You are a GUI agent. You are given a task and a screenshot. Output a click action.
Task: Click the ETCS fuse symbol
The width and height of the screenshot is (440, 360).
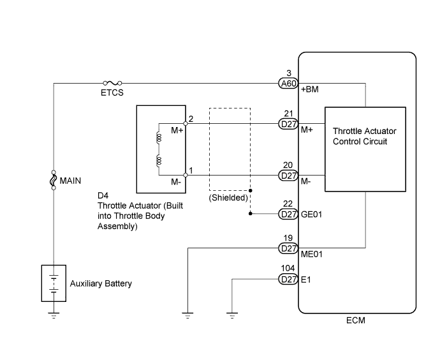pos(112,83)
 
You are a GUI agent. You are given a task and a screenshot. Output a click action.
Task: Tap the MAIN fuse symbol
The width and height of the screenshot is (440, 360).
pos(54,180)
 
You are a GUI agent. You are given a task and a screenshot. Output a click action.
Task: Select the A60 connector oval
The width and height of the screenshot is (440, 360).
pos(288,84)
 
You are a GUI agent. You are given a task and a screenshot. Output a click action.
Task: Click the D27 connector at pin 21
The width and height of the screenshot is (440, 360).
pos(288,124)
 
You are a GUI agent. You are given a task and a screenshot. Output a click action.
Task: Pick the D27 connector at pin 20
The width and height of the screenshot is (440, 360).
pos(288,176)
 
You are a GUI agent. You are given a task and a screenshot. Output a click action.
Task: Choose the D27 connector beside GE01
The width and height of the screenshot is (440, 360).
pos(288,214)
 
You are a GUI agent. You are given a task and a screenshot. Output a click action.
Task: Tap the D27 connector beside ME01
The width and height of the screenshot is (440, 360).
pos(288,248)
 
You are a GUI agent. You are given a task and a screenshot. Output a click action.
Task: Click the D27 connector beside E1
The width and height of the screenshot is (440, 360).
pos(288,279)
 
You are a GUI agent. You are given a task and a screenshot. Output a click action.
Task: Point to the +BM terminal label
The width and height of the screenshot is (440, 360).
pos(310,89)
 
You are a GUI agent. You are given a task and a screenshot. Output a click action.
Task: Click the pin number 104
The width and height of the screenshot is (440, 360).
pos(288,268)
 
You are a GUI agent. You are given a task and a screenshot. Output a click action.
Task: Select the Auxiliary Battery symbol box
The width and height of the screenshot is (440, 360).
pos(54,283)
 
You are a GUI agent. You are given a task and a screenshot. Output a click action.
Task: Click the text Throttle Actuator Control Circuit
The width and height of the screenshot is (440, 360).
pos(364,136)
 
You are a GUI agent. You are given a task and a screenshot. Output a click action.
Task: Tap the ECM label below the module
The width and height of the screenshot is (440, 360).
pos(356,320)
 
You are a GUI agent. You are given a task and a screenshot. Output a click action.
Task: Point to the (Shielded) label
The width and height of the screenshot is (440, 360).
pos(228,198)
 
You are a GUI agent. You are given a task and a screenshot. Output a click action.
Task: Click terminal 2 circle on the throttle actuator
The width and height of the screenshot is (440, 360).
pos(185,124)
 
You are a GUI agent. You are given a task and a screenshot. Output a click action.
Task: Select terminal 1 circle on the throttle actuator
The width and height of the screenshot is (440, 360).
pos(185,176)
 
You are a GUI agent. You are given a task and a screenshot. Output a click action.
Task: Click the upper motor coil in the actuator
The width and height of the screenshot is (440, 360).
pos(159,138)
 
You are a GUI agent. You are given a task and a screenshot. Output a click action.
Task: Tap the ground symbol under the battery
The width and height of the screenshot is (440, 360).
pos(54,315)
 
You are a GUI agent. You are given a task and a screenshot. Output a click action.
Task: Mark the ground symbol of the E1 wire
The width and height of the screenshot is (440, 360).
pos(232,315)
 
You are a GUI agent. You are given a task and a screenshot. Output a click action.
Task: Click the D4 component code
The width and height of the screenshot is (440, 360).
pos(103,195)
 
